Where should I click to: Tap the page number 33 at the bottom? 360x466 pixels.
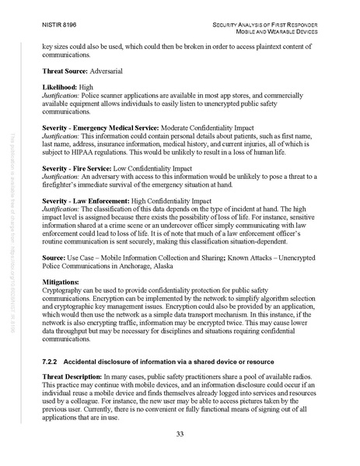coord(180,434)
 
